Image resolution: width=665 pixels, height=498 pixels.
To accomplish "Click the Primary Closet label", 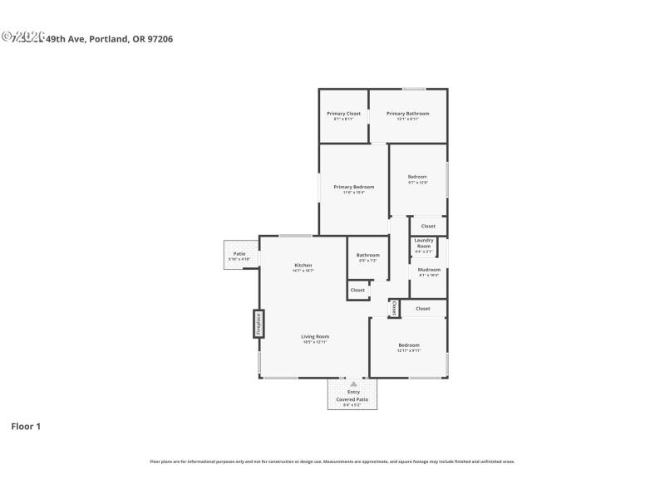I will point(343,113).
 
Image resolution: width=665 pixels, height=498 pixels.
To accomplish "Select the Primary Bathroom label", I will point(407,113).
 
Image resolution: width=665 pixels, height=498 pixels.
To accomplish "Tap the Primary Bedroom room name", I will point(354,187).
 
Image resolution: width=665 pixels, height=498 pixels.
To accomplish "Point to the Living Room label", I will point(315,336).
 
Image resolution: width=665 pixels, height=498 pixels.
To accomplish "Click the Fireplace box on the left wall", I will point(259,324).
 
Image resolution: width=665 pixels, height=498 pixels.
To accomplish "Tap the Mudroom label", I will point(429,270).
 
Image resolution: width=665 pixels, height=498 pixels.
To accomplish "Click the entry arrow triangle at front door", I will point(353,384).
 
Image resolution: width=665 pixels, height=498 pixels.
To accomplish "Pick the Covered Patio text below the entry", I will point(352,399).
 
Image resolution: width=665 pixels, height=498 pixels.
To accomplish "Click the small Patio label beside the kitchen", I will point(239,254).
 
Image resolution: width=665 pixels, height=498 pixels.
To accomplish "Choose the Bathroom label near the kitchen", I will point(367,255).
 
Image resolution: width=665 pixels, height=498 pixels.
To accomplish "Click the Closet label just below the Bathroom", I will point(357,290).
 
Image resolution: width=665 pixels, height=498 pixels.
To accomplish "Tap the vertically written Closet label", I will point(394,308).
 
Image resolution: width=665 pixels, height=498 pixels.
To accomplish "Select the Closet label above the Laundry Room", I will point(428,226).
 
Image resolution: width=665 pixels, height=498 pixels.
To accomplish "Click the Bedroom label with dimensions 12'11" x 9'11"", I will point(408,344).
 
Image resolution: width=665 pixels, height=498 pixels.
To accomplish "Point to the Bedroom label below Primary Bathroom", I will point(417,176).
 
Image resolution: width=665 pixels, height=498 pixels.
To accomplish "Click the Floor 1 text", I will point(25,426).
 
